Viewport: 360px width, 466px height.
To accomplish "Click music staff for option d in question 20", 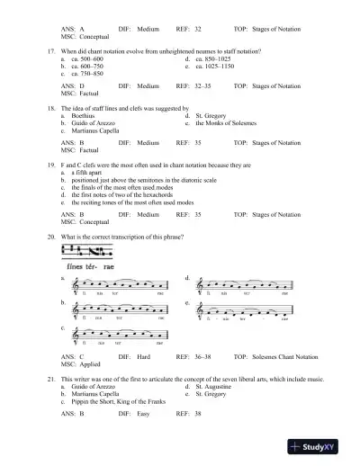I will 247,287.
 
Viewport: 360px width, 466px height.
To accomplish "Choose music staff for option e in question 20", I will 247,312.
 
